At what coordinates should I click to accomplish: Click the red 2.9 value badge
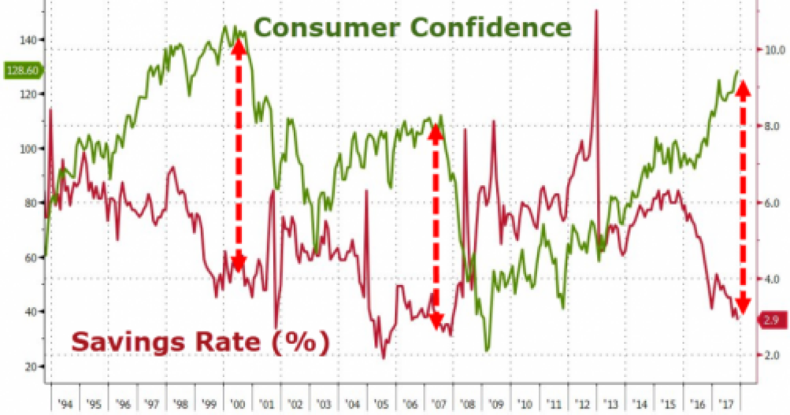[769, 319]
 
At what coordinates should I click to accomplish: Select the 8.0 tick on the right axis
[766, 126]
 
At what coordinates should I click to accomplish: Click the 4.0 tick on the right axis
[766, 280]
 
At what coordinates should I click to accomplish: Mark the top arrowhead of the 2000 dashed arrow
[239, 45]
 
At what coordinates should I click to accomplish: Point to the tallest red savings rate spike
[596, 10]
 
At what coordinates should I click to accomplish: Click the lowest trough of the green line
[488, 350]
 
